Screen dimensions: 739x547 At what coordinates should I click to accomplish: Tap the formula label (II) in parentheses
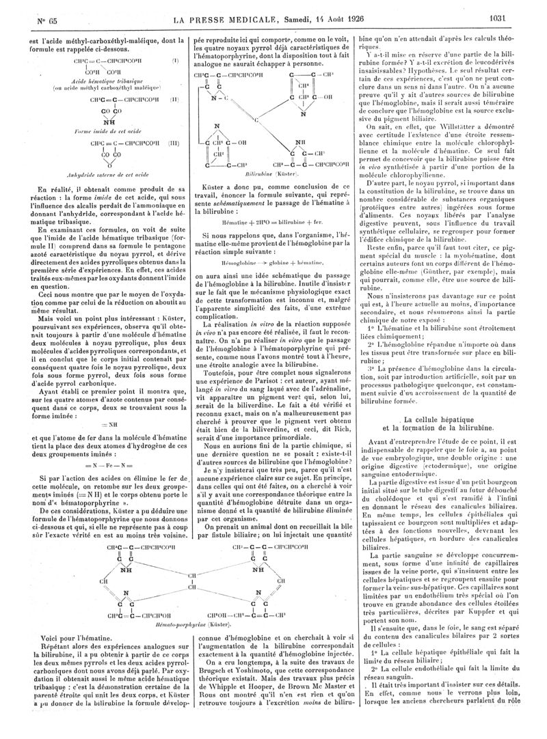coord(174,99)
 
